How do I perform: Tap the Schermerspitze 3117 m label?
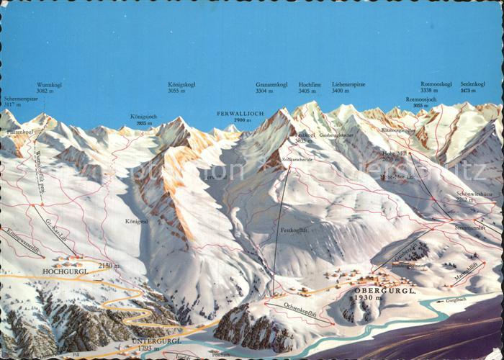[20, 102]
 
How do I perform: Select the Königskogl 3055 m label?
[181, 88]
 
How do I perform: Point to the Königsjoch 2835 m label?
[143, 119]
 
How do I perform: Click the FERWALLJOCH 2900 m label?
[240, 117]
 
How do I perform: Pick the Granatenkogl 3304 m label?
[271, 88]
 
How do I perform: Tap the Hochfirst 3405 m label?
[309, 88]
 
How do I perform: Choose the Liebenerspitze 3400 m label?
[345, 88]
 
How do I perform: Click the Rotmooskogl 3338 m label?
[436, 88]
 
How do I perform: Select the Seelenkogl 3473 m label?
[472, 88]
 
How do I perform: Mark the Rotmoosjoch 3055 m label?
[420, 102]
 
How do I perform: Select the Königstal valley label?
[135, 221]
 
